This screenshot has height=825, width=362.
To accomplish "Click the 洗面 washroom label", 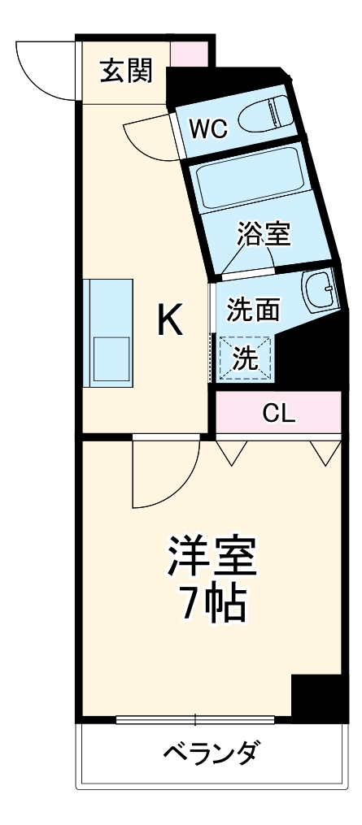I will pos(253,309).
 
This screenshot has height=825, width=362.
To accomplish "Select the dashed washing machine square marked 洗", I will pos(246,358).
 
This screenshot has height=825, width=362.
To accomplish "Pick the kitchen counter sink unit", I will pos(109,333).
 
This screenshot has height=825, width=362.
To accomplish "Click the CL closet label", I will pos(278,414).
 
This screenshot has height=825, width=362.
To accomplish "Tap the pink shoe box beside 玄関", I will pos(189,53).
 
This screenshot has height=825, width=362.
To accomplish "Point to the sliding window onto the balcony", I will pos(195,719).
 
